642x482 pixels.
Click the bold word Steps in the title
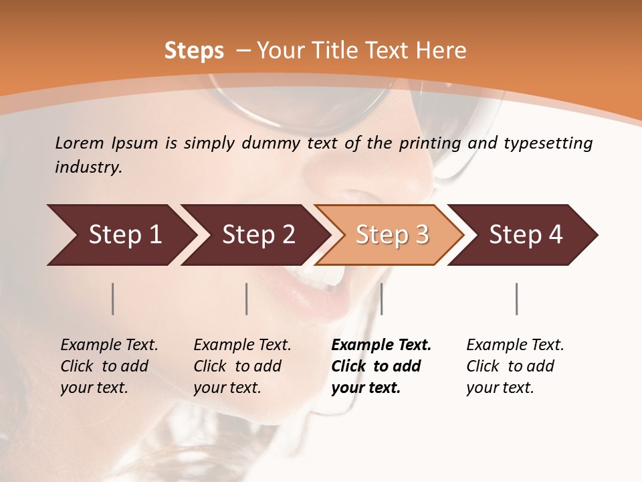(194, 51)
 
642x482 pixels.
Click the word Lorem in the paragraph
(79, 143)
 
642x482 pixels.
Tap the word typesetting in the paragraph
(548, 143)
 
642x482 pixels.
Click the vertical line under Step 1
(113, 299)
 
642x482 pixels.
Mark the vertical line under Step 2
(247, 299)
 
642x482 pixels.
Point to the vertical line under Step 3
(381, 299)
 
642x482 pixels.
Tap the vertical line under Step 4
(517, 299)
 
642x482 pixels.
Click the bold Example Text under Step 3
(381, 345)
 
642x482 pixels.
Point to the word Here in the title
(441, 51)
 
